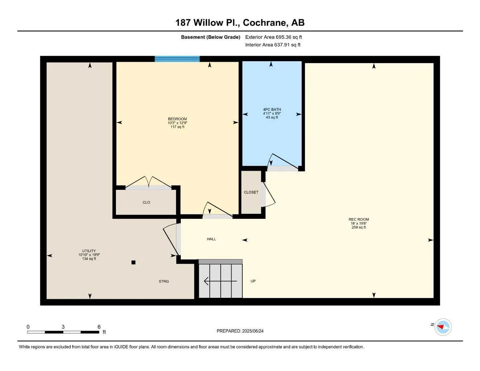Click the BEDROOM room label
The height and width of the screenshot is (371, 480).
[177, 119]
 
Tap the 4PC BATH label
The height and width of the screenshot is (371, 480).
[272, 110]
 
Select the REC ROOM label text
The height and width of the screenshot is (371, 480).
[359, 220]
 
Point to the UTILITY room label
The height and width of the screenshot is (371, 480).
[89, 251]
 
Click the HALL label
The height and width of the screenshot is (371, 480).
[211, 239]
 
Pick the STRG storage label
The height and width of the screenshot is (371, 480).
[164, 282]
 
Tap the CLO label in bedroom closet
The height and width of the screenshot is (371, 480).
[146, 203]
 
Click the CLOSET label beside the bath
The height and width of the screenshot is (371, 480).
[251, 192]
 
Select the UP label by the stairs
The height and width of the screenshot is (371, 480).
[253, 281]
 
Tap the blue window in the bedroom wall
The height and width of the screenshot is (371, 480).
[177, 59]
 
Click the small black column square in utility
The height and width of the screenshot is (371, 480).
[133, 262]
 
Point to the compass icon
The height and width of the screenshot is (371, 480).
[443, 327]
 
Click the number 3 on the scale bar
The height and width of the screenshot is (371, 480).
[63, 327]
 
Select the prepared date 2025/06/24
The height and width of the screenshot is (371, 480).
[240, 331]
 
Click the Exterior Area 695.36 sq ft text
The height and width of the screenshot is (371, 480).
[274, 37]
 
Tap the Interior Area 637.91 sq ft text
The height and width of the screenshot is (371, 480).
[273, 45]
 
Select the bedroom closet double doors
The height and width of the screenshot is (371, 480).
[149, 182]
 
